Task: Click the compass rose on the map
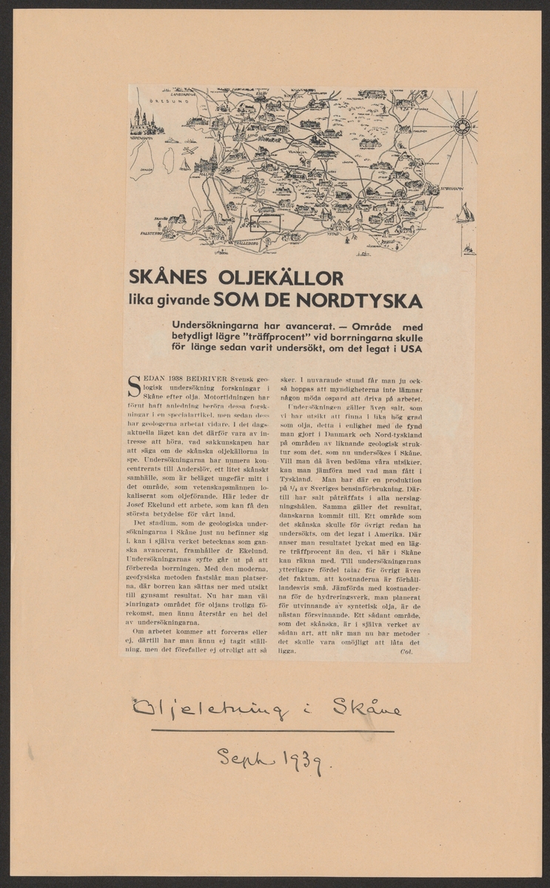coord(464,126)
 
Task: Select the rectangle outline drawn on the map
coord(265,223)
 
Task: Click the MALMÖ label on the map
coord(206,172)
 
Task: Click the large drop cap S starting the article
coord(135,385)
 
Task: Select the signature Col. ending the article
coord(405,651)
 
